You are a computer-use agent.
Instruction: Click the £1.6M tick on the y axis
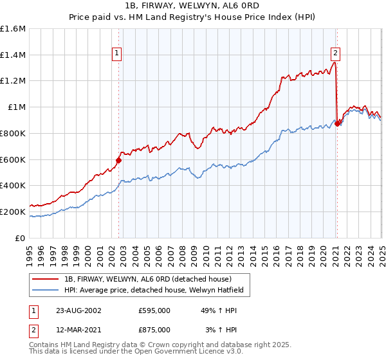pos(13,29)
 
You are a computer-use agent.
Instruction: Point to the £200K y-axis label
pos(13,212)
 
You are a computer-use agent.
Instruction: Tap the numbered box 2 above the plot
pos(336,54)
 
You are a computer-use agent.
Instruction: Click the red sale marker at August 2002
pos(119,160)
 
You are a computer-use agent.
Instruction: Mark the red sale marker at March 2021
pos(337,123)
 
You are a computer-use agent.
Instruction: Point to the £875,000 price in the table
pos(154,329)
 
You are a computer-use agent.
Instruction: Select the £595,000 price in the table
pos(154,310)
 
